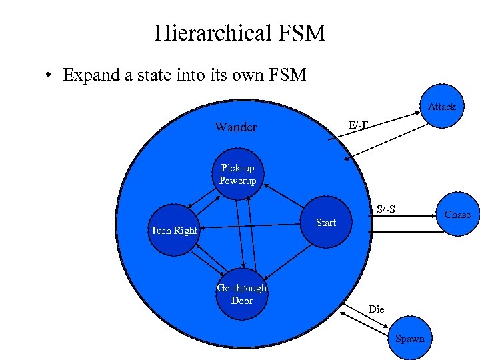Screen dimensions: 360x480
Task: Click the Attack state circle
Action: click(x=441, y=107)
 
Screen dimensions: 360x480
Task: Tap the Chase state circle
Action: click(x=457, y=215)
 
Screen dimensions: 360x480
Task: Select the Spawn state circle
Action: click(x=409, y=338)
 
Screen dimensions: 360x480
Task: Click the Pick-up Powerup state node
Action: click(x=237, y=175)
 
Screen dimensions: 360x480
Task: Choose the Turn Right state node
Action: click(x=174, y=231)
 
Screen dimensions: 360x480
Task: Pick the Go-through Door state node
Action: click(x=241, y=294)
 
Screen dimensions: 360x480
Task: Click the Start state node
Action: click(x=325, y=223)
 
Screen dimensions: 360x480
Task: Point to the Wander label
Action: click(x=235, y=127)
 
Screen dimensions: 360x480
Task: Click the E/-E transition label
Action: click(x=359, y=125)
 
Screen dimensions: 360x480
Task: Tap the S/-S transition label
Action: click(x=385, y=210)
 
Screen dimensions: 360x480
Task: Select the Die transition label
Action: click(x=377, y=309)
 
